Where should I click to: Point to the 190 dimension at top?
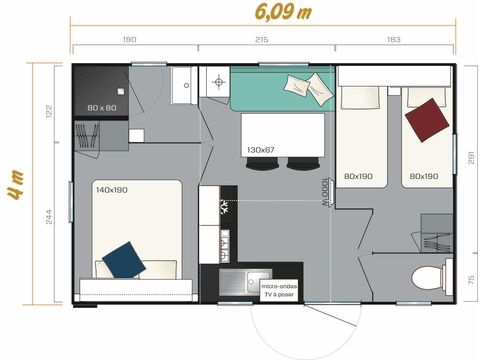(x=129, y=39)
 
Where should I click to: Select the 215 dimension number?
(x=262, y=39)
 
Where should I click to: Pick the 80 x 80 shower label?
(x=101, y=107)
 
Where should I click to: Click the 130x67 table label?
(x=260, y=150)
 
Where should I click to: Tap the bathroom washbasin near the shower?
(x=183, y=87)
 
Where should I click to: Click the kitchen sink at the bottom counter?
(x=236, y=284)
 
